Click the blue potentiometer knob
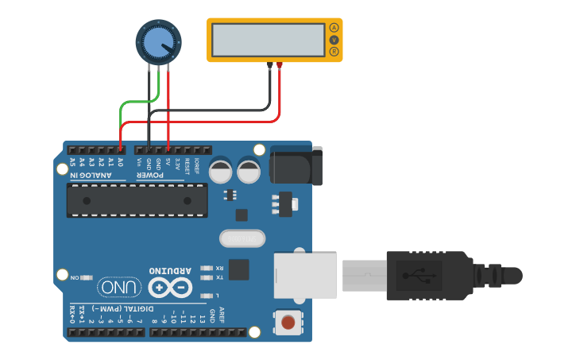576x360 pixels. [159, 41]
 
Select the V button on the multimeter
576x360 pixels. [334, 40]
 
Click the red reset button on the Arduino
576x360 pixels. [288, 323]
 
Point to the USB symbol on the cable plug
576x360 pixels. [419, 276]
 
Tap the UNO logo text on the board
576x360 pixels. [119, 287]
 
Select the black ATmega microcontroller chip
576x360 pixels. [137, 200]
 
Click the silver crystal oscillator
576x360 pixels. [241, 238]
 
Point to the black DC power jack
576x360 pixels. [296, 165]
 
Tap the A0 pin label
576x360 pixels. [121, 161]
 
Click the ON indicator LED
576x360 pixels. [87, 278]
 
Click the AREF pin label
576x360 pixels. [222, 313]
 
